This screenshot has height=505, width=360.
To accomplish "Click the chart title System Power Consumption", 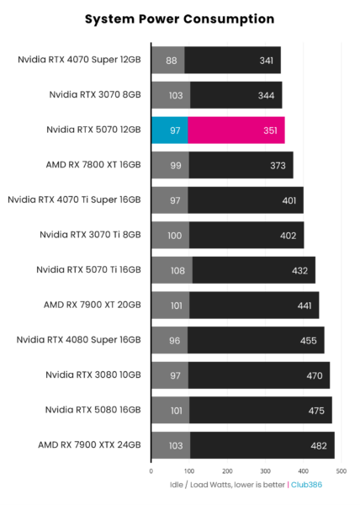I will pyautogui.click(x=180, y=18).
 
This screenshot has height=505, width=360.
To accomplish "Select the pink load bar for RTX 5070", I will pyautogui.click(x=236, y=130).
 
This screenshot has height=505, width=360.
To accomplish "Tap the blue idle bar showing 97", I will pyautogui.click(x=169, y=130).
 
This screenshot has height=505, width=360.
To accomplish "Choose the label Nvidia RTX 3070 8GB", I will pyautogui.click(x=94, y=95).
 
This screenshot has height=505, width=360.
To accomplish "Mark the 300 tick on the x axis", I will pyautogui.click(x=266, y=470).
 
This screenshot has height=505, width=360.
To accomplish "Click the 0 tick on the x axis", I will pyautogui.click(x=151, y=470).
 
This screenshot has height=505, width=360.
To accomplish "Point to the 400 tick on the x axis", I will pyautogui.click(x=304, y=470).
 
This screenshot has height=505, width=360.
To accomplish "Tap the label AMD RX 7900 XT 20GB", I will pyautogui.click(x=93, y=305).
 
